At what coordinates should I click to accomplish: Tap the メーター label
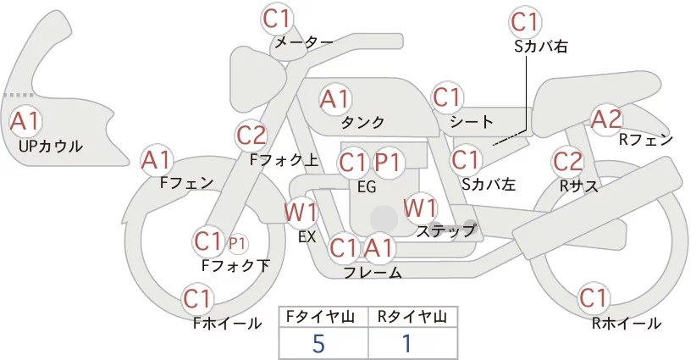tap(302, 42)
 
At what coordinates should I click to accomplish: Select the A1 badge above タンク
tap(334, 99)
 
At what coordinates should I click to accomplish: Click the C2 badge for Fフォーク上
tap(251, 135)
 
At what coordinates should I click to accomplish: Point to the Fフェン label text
tap(186, 182)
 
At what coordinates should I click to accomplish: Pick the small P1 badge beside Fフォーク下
tap(238, 243)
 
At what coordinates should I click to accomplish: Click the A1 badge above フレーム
tap(378, 248)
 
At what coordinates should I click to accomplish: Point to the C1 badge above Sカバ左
tap(465, 158)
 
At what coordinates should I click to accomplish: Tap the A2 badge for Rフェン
tap(606, 119)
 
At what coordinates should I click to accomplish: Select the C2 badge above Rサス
tap(567, 161)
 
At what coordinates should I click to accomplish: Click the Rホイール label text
tap(627, 323)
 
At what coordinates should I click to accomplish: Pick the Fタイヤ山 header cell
tap(323, 316)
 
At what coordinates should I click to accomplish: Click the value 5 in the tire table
tap(318, 343)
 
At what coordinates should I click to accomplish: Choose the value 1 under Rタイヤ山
tap(406, 343)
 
